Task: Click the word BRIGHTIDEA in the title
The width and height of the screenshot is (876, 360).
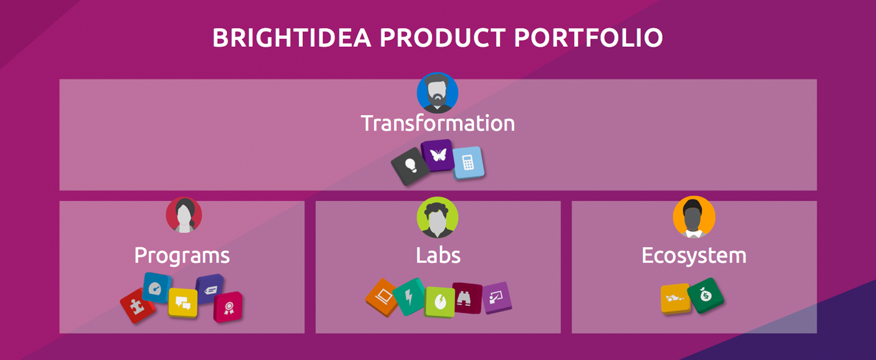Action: click(x=292, y=38)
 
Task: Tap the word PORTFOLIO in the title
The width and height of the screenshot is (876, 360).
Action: click(x=589, y=38)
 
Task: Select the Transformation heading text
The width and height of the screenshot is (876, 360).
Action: click(x=437, y=123)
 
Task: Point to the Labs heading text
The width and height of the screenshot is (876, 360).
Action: click(x=438, y=255)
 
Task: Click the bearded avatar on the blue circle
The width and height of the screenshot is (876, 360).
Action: click(x=437, y=93)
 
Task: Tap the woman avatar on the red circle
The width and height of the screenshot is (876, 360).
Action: click(x=184, y=215)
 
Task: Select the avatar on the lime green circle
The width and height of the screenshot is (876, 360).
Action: click(x=437, y=217)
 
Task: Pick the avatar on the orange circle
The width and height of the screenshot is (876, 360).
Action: click(x=693, y=217)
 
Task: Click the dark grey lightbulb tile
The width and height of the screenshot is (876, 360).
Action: click(x=411, y=166)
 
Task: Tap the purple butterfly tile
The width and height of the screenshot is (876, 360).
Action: click(x=438, y=156)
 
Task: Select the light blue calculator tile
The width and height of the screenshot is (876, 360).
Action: click(x=468, y=162)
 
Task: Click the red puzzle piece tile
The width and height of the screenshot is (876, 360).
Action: click(x=137, y=306)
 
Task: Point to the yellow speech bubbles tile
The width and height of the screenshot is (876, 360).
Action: click(x=182, y=303)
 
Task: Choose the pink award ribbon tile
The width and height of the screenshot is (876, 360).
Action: click(x=228, y=307)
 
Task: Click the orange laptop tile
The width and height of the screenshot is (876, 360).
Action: click(x=382, y=297)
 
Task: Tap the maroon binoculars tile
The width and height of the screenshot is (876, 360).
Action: click(x=467, y=298)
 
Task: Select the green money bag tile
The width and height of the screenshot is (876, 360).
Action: click(x=706, y=296)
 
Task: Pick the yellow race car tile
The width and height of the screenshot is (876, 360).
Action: click(x=675, y=299)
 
